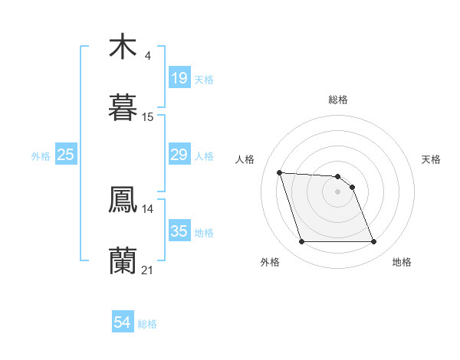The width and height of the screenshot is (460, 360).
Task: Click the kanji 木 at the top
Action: click(x=123, y=47)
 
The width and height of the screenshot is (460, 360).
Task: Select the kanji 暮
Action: click(x=123, y=108)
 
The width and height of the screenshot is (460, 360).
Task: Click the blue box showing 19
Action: click(x=179, y=78)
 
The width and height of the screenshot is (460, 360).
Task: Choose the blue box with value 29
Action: click(x=179, y=155)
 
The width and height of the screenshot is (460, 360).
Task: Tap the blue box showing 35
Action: click(x=179, y=231)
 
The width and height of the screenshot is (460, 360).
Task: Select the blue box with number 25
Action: click(x=66, y=155)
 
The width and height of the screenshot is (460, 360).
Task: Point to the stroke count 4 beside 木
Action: click(x=147, y=56)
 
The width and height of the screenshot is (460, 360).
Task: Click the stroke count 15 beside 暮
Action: click(x=148, y=117)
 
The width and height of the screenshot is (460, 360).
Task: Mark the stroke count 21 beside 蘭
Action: click(x=148, y=270)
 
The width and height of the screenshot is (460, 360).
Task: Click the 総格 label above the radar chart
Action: click(x=338, y=100)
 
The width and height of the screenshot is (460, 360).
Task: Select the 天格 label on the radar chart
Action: click(x=431, y=159)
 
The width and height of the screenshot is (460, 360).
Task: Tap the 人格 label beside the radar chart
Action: click(x=245, y=159)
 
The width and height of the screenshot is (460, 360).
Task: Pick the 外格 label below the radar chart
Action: click(x=270, y=263)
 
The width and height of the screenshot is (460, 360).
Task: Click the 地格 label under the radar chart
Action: click(x=402, y=263)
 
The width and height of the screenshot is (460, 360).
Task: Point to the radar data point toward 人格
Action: click(x=280, y=172)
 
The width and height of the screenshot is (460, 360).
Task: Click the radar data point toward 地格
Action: click(x=373, y=242)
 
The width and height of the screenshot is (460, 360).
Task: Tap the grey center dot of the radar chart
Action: click(x=338, y=191)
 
